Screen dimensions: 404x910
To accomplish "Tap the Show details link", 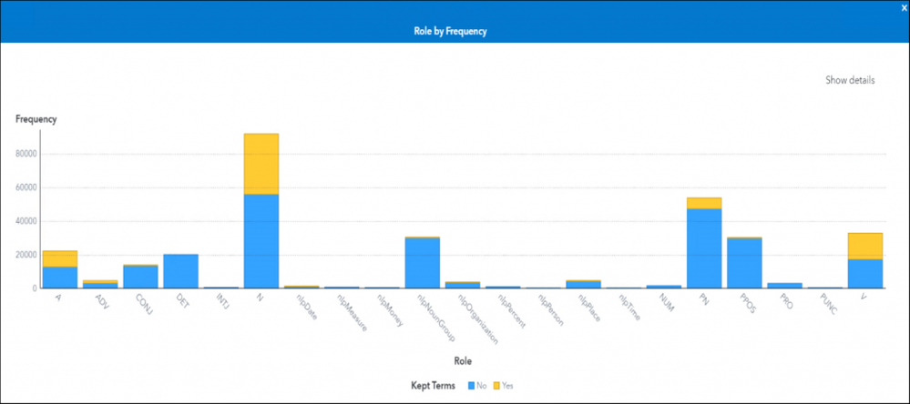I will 850,80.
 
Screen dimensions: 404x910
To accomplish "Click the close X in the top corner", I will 904,7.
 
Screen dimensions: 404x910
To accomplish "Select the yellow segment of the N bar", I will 261,164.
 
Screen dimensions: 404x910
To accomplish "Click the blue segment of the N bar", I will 261,241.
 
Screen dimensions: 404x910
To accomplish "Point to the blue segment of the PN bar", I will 703,248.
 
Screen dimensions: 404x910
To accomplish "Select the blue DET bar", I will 180,271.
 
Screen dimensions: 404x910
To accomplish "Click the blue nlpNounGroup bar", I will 422,263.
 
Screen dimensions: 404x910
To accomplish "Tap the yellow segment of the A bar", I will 59,258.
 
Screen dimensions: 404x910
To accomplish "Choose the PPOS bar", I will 743,263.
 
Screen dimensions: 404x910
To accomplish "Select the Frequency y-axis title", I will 36,119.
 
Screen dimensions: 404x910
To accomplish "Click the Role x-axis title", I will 463,361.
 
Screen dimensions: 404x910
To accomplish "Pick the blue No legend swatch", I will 471,386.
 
